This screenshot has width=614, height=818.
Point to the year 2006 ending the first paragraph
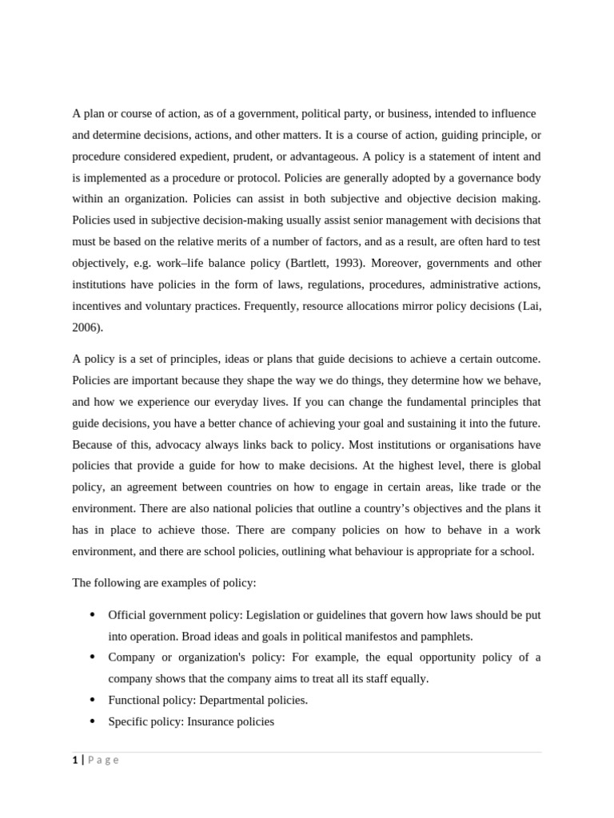tap(86, 328)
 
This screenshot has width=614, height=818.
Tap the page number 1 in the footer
tap(75, 760)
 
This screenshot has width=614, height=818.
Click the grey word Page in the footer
tap(103, 760)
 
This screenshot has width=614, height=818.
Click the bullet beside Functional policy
tap(92, 700)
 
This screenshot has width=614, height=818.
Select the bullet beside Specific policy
tap(92, 721)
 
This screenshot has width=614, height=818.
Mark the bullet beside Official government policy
tap(92, 614)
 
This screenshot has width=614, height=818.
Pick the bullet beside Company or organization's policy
tap(92, 657)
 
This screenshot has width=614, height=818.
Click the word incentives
tap(98, 306)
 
